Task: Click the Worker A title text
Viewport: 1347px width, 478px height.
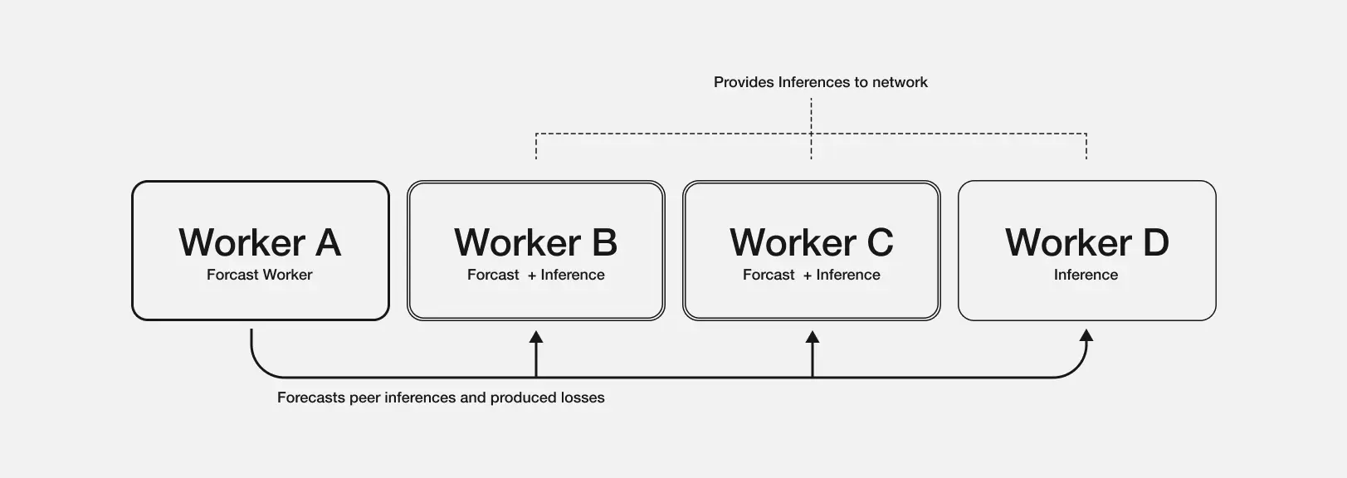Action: click(x=260, y=242)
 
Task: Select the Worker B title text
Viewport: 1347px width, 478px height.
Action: click(x=535, y=242)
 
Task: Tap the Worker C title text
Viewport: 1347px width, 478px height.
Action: click(x=811, y=242)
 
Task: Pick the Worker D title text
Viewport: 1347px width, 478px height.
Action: click(x=1086, y=242)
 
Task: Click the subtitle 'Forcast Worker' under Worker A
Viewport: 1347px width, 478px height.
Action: click(x=259, y=275)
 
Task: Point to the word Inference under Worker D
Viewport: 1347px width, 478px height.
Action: click(x=1086, y=275)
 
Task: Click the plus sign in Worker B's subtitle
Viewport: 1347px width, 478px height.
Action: click(x=531, y=276)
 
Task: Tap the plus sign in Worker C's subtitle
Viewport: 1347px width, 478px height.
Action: click(x=807, y=276)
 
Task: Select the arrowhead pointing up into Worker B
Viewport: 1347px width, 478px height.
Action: click(x=536, y=337)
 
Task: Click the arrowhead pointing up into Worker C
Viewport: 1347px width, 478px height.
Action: click(x=813, y=337)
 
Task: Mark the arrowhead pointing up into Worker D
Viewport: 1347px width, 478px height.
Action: click(x=1086, y=335)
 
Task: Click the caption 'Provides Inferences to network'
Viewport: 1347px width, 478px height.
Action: click(x=820, y=82)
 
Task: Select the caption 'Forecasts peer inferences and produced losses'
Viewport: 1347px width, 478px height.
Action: click(x=441, y=398)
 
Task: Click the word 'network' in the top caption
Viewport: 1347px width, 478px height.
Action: click(x=900, y=82)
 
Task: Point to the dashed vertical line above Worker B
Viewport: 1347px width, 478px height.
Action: click(x=536, y=147)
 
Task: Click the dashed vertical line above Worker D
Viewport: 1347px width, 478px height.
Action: click(x=1086, y=147)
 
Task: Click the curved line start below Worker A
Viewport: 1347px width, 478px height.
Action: click(x=251, y=340)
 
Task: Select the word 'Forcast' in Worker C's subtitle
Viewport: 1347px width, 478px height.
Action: click(x=769, y=275)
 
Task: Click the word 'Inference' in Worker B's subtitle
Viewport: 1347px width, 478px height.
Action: click(x=573, y=275)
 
